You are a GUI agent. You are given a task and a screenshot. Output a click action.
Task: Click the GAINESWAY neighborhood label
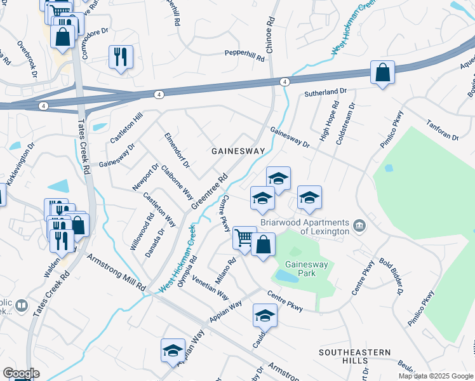coord(237,151)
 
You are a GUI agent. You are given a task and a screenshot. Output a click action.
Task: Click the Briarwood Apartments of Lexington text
coord(305,227)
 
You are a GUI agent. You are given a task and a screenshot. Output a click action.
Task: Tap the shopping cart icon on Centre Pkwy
coord(244,238)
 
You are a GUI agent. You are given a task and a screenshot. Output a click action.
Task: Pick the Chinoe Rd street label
coord(271,29)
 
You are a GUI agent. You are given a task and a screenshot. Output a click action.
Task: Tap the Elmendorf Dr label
coord(177,150)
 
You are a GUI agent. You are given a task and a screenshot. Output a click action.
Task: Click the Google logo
coord(22,373)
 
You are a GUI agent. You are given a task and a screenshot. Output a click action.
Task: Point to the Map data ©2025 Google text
coord(435,375)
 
